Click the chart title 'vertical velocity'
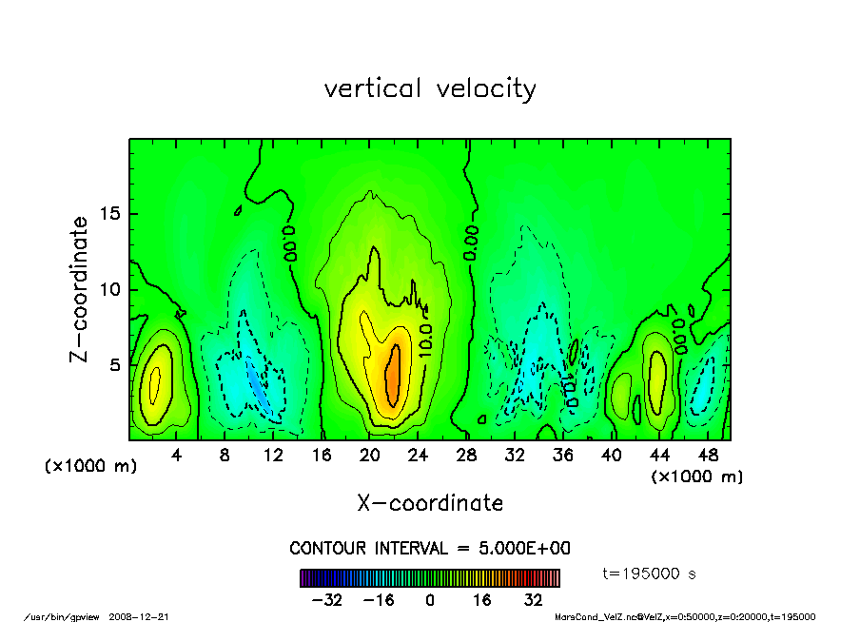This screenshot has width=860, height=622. pyautogui.click(x=430, y=89)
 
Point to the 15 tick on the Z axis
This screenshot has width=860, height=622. pyautogui.click(x=112, y=214)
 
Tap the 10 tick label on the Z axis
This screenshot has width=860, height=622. pyautogui.click(x=112, y=289)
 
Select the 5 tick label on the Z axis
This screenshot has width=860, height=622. pyautogui.click(x=117, y=364)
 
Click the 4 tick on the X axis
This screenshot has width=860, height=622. pyautogui.click(x=177, y=456)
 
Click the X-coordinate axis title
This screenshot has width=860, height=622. pyautogui.click(x=430, y=503)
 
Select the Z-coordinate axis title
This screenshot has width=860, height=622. pyautogui.click(x=79, y=289)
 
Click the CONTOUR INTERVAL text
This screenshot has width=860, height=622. pyautogui.click(x=430, y=549)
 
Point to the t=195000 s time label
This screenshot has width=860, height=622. pyautogui.click(x=651, y=573)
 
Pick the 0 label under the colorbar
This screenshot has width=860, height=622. pyautogui.click(x=430, y=600)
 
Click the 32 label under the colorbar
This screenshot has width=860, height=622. pyautogui.click(x=533, y=600)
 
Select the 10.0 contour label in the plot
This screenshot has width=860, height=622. pyautogui.click(x=425, y=340)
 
